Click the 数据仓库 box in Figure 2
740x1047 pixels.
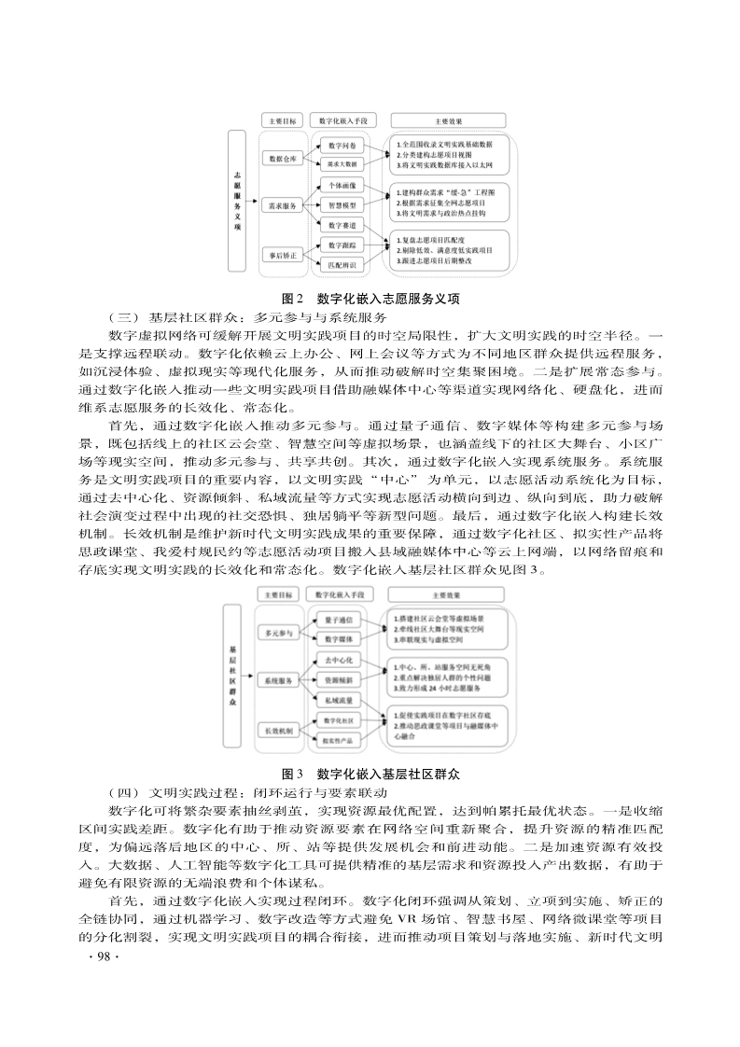283,159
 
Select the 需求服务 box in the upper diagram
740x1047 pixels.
283,205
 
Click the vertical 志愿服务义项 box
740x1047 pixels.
237,201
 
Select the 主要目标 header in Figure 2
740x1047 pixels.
282,121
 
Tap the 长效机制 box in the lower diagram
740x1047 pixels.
278,731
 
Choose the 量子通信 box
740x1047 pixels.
338,620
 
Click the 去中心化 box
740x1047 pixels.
338,660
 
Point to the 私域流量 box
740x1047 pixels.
338,700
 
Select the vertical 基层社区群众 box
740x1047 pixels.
231,676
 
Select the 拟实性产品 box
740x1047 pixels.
338,741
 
